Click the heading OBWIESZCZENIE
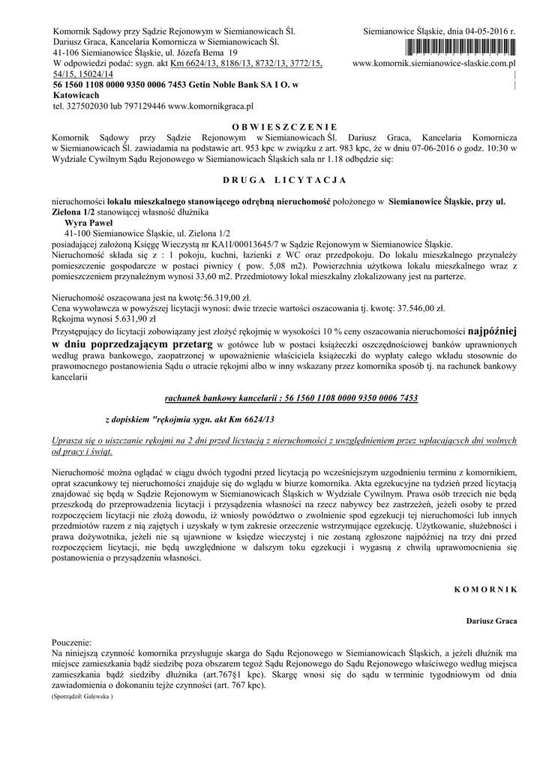[284, 126]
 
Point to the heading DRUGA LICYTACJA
[284, 181]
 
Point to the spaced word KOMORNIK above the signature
[486, 590]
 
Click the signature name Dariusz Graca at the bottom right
[491, 622]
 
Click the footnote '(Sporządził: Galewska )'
[82, 697]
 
